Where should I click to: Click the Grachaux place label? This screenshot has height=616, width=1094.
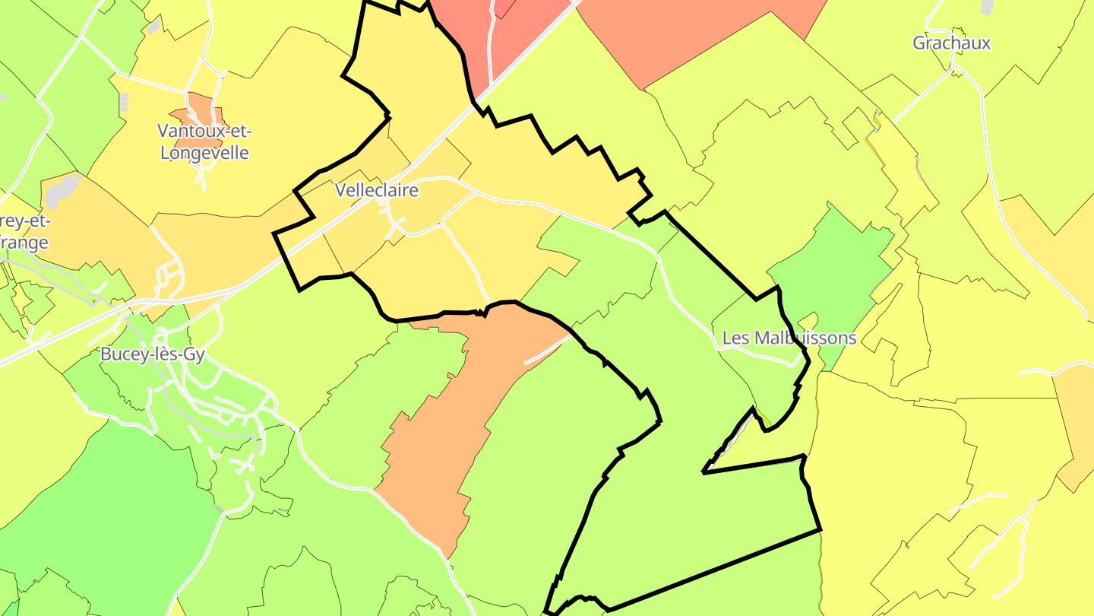951,43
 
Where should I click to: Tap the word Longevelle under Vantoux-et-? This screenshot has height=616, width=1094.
204,152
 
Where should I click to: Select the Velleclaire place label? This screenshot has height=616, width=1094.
377,190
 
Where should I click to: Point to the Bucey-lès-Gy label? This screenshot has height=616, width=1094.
153,354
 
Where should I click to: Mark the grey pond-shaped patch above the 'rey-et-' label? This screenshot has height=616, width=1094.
62,190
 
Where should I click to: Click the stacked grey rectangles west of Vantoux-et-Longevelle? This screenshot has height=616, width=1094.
124,103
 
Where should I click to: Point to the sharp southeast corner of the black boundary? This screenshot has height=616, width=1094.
820,529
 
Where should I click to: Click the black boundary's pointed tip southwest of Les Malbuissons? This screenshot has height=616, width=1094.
704,472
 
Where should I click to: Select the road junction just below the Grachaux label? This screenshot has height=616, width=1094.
954,71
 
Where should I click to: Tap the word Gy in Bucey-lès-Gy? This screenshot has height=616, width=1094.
193,354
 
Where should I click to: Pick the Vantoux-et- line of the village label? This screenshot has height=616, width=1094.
204,131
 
